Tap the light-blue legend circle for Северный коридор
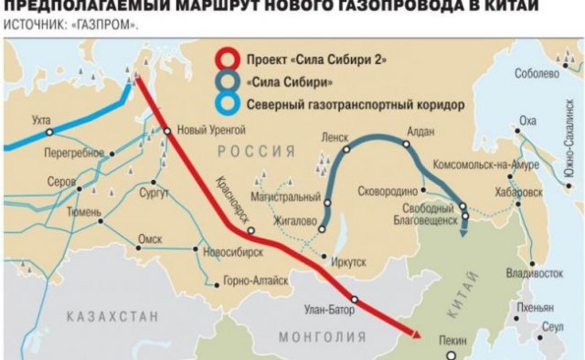click(x=221, y=102)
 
